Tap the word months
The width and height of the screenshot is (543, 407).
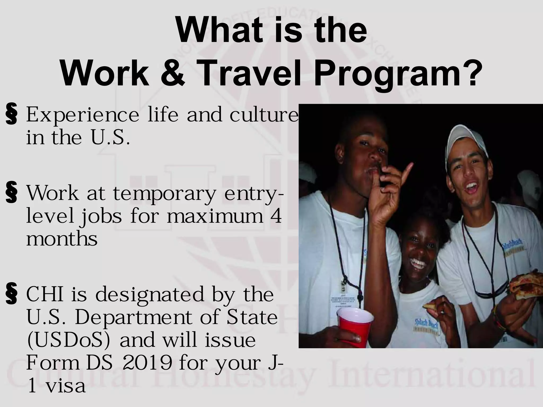[x=62, y=239]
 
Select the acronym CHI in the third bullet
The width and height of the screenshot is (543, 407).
[x=45, y=295]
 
